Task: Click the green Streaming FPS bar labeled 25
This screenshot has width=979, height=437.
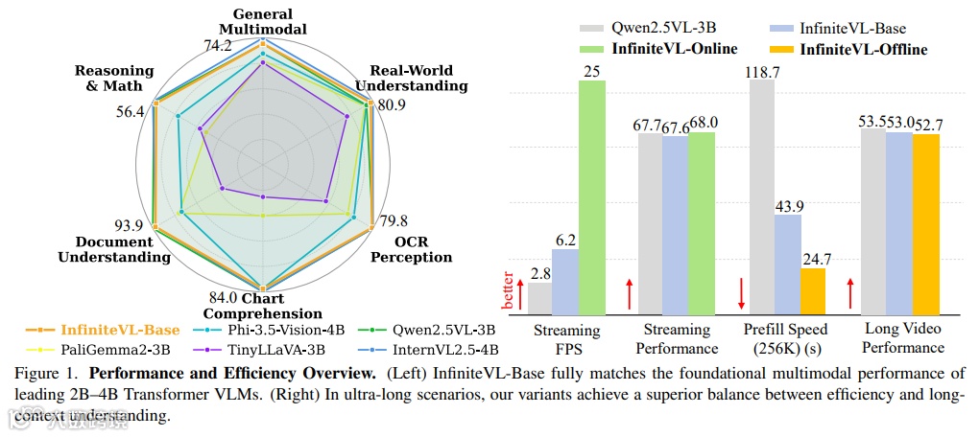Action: pos(592,197)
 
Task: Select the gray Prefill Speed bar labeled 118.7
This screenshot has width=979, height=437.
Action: pos(762,197)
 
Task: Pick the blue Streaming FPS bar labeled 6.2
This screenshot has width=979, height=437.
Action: pos(564,282)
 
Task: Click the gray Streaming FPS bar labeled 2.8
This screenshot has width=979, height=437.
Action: pos(539,298)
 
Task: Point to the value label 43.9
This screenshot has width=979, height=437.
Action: pos(788,205)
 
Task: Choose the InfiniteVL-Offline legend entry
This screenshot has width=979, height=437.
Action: pos(863,50)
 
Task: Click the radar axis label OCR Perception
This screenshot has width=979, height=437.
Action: pos(411,249)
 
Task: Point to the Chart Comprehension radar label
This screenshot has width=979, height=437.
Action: pos(262,306)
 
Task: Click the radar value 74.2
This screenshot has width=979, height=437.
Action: pos(218,45)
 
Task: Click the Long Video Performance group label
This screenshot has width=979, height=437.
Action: pos(904,338)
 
